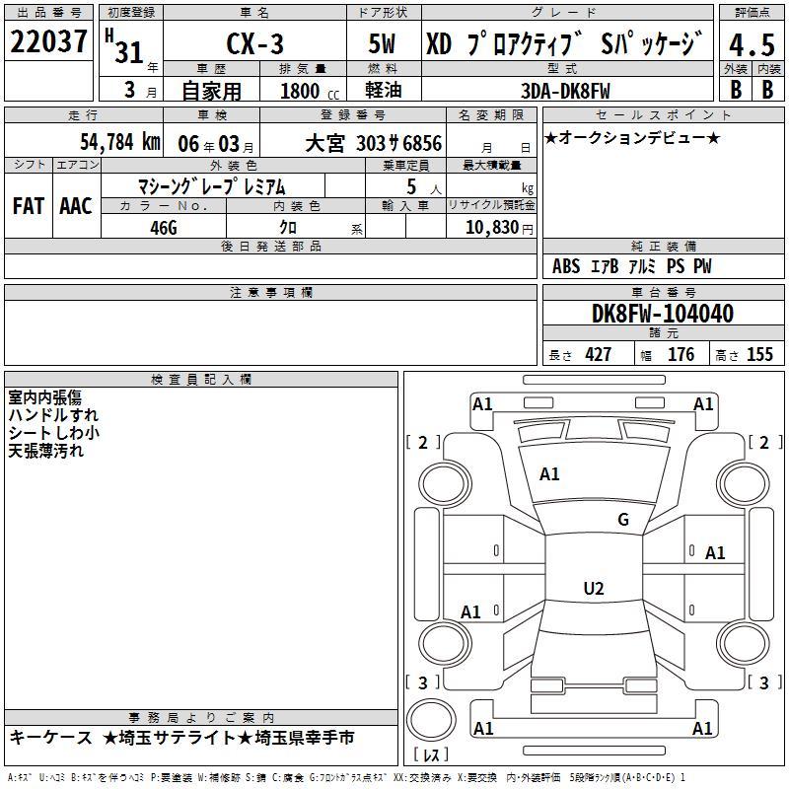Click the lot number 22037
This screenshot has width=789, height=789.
[x=48, y=41]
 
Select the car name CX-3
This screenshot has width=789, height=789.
[x=255, y=43]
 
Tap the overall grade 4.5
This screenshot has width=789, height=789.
[x=752, y=44]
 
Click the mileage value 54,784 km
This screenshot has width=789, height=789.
[x=120, y=142]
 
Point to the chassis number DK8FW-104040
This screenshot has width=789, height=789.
[x=662, y=314]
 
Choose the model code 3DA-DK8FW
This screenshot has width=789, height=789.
[x=565, y=91]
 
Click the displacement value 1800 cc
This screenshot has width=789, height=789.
[x=310, y=91]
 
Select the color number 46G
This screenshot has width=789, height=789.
[x=164, y=228]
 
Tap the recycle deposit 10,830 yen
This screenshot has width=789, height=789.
[x=499, y=228]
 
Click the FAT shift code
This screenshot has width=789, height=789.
[x=29, y=206]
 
